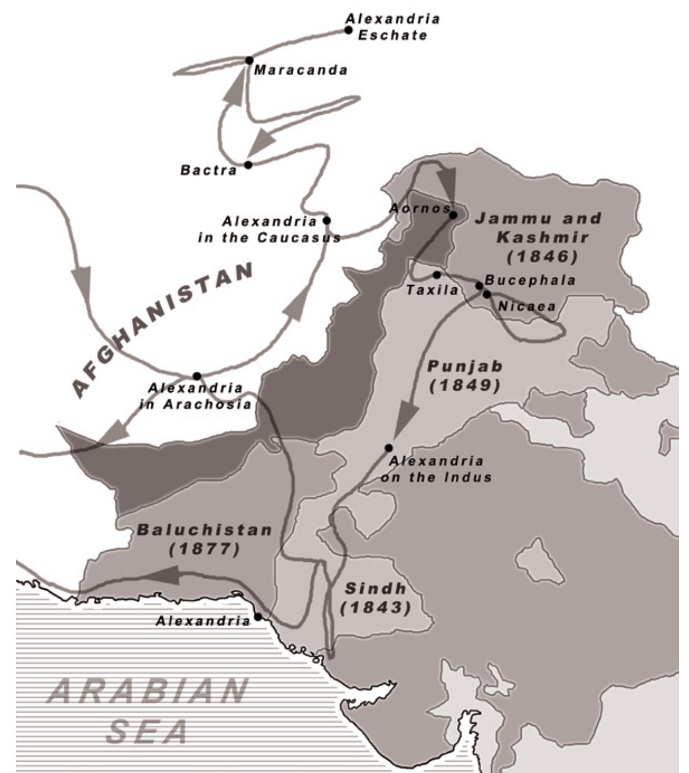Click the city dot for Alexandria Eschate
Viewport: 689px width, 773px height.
point(349,30)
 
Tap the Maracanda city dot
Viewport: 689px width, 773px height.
point(249,60)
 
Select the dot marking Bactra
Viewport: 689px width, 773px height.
point(248,165)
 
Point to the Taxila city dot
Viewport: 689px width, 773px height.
point(436,275)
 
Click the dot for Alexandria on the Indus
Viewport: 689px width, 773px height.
point(388,448)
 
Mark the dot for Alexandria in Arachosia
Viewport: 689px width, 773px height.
point(197,376)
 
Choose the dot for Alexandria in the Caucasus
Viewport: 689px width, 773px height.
point(327,220)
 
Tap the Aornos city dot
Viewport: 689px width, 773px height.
point(453,215)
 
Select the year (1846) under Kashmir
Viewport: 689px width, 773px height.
point(543,257)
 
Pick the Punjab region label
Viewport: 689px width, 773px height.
point(465,367)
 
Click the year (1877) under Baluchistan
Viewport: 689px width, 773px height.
point(204,549)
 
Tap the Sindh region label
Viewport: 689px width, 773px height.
point(375,588)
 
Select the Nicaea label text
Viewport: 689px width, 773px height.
point(527,306)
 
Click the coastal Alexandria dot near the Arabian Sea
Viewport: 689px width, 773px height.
point(258,617)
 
